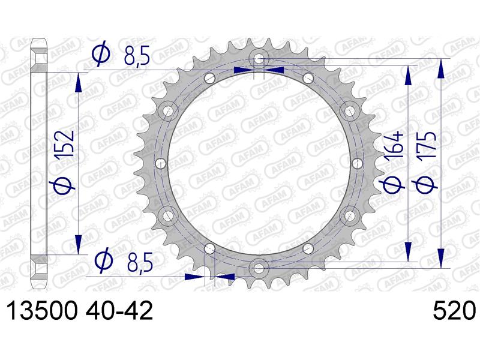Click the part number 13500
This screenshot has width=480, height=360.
41,311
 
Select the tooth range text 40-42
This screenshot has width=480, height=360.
119,311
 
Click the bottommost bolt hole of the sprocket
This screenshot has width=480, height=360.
259,266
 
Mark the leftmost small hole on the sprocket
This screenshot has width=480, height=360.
160,163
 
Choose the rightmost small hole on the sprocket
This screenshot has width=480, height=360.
357,163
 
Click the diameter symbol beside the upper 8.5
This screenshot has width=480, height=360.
101,55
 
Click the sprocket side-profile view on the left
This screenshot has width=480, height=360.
40,163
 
